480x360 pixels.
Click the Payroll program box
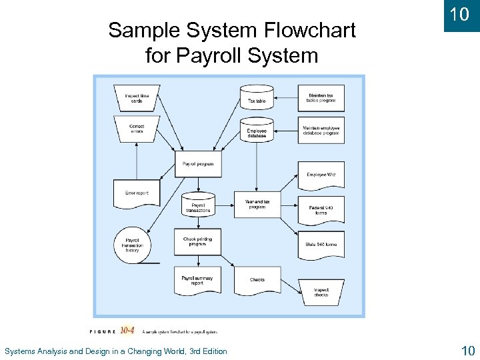pyautogui.click(x=198, y=164)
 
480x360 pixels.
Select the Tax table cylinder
pyautogui.click(x=257, y=98)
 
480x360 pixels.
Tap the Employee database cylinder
pyautogui.click(x=257, y=131)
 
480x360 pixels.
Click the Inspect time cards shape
pyautogui.click(x=137, y=97)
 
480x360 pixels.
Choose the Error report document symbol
pyautogui.click(x=137, y=193)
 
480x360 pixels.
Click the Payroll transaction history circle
pyautogui.click(x=133, y=245)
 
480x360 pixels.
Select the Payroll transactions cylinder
pyautogui.click(x=198, y=206)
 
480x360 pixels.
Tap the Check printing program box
pyautogui.click(x=197, y=241)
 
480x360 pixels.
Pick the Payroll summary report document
pyautogui.click(x=197, y=280)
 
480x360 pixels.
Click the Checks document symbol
pyautogui.click(x=257, y=280)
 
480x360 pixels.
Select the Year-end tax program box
pyautogui.click(x=257, y=204)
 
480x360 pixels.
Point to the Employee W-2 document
pyautogui.click(x=321, y=175)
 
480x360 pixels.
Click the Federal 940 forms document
pyautogui.click(x=321, y=209)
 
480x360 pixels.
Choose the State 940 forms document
pyautogui.click(x=321, y=245)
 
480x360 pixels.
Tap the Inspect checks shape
pyautogui.click(x=321, y=292)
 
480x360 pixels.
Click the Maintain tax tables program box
pyautogui.click(x=321, y=98)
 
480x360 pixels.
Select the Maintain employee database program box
pyautogui.click(x=321, y=131)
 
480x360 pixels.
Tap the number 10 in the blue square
pyautogui.click(x=459, y=15)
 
